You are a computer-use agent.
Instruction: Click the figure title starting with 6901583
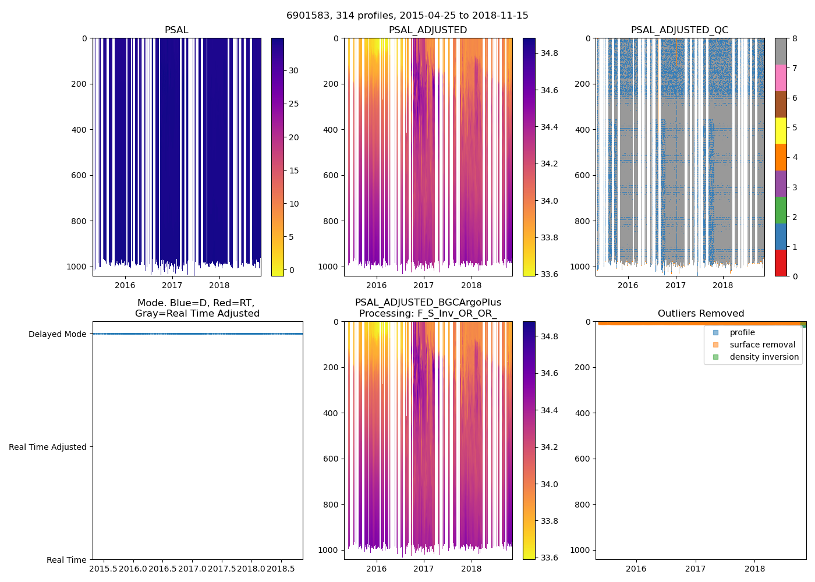click(407, 16)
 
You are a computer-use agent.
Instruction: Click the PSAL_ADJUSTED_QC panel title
click(679, 30)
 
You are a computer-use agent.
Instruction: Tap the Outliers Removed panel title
click(700, 314)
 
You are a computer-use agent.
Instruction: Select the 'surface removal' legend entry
click(762, 345)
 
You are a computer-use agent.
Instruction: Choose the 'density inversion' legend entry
click(764, 357)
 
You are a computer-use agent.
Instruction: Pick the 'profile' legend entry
click(742, 332)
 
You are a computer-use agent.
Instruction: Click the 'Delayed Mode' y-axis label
click(57, 334)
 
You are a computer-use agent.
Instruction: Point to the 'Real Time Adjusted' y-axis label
click(47, 447)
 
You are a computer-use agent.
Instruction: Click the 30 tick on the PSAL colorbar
click(294, 70)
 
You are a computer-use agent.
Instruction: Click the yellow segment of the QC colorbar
click(781, 130)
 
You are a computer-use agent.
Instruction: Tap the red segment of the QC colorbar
click(781, 263)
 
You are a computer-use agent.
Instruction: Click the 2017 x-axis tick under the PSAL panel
click(172, 285)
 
